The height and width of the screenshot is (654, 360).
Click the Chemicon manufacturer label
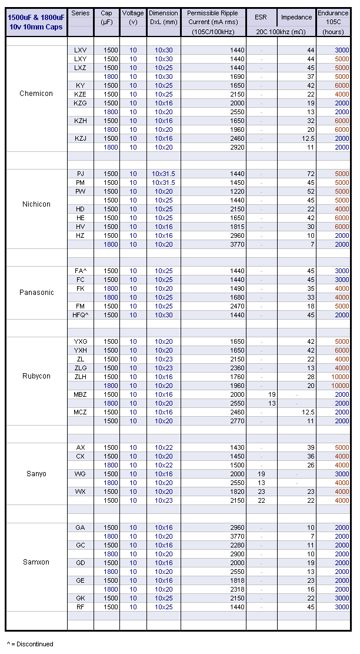click(36, 94)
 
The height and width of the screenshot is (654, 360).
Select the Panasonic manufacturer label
click(36, 293)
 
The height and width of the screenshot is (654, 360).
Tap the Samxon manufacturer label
click(36, 562)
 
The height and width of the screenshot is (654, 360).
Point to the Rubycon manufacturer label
click(36, 376)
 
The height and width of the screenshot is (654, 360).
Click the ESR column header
click(261, 17)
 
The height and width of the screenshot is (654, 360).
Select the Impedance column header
click(296, 17)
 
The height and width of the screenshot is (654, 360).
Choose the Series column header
click(80, 13)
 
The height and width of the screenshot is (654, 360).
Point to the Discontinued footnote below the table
click(30, 644)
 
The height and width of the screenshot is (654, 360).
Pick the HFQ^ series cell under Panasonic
click(80, 315)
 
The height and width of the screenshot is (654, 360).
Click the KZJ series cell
click(80, 138)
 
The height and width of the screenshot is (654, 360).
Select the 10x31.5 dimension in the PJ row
click(164, 174)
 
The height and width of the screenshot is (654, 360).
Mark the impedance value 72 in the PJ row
click(311, 174)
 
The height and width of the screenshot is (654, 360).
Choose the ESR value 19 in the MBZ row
click(272, 394)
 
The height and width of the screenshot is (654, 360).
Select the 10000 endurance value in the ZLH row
click(340, 377)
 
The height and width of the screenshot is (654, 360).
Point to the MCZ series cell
click(80, 412)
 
